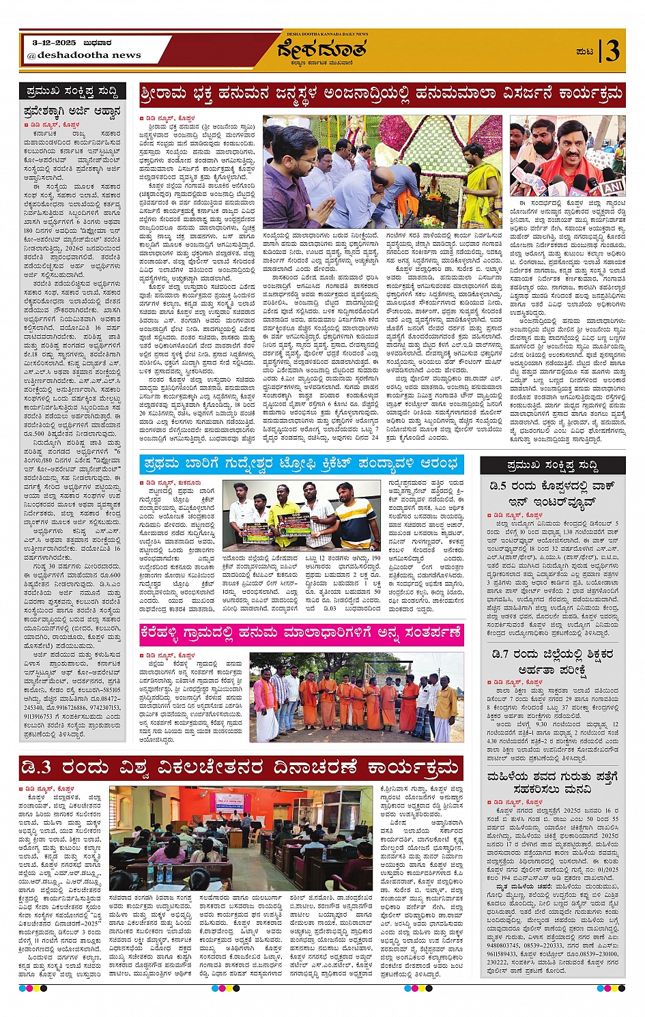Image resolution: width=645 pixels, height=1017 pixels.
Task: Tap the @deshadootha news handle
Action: click(85, 55)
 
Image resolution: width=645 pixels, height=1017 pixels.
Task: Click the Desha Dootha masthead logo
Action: click(322, 51)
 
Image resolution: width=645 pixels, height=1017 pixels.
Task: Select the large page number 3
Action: click(612, 51)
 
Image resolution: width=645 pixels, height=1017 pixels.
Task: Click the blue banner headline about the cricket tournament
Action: click(301, 465)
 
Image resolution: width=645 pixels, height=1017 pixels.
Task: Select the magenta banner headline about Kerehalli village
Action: click(301, 633)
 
